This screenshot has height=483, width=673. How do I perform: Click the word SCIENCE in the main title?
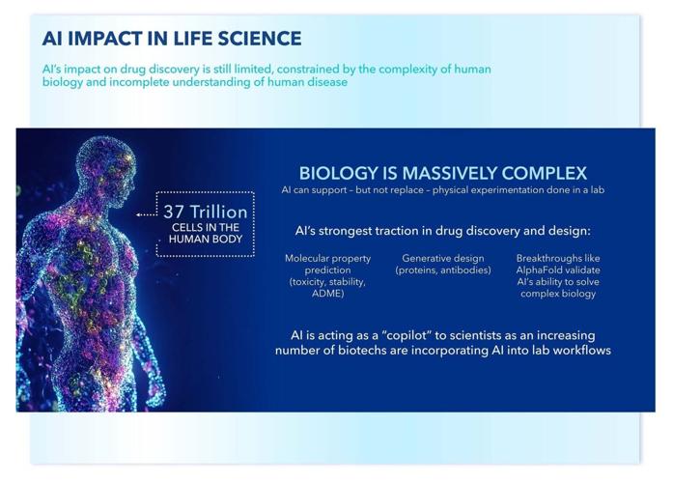click(x=259, y=39)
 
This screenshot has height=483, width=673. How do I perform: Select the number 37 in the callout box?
click(x=174, y=213)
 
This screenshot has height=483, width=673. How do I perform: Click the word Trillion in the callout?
click(x=219, y=213)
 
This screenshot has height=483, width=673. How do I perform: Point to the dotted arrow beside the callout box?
click(x=147, y=214)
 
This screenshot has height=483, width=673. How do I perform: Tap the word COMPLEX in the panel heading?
click(x=545, y=173)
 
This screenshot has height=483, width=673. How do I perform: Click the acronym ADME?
click(x=328, y=294)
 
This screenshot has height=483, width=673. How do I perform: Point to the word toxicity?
click(x=308, y=282)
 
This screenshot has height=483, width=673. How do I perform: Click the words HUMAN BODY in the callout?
click(x=206, y=240)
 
